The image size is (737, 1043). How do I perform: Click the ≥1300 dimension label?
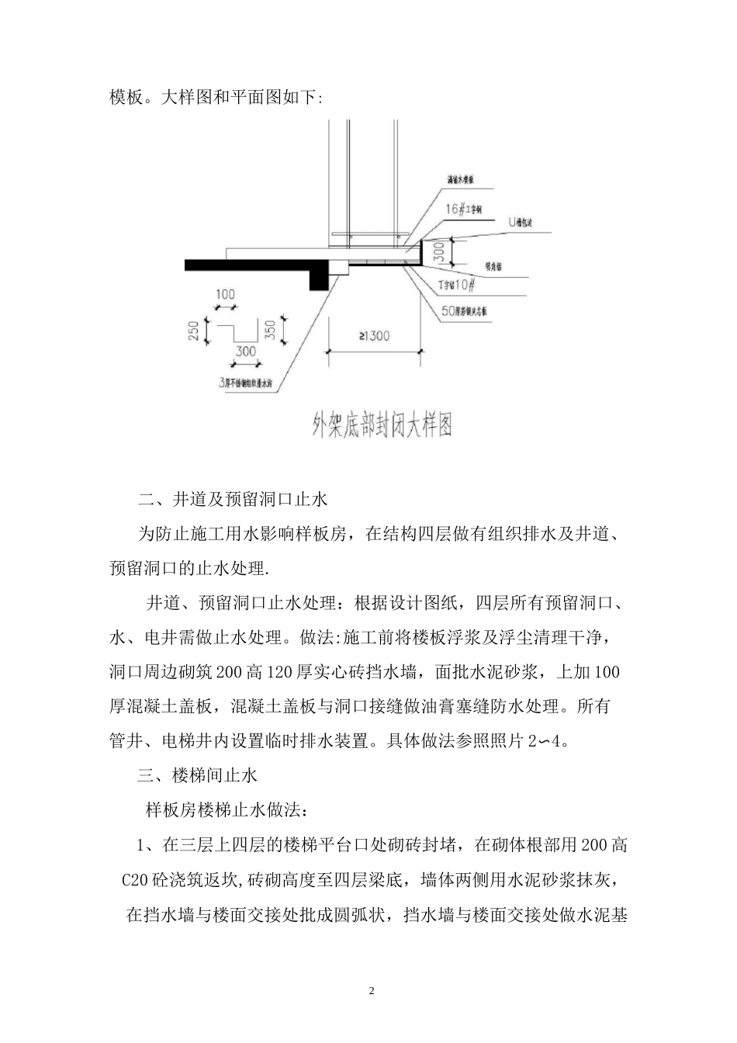[x=374, y=335]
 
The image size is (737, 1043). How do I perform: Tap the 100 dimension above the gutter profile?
[x=225, y=295]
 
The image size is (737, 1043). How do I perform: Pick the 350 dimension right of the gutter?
[x=269, y=331]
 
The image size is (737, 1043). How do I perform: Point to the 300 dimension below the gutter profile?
[x=245, y=351]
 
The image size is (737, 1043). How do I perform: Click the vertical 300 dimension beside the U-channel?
[x=438, y=251]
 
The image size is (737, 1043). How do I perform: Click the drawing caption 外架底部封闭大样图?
[x=382, y=424]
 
